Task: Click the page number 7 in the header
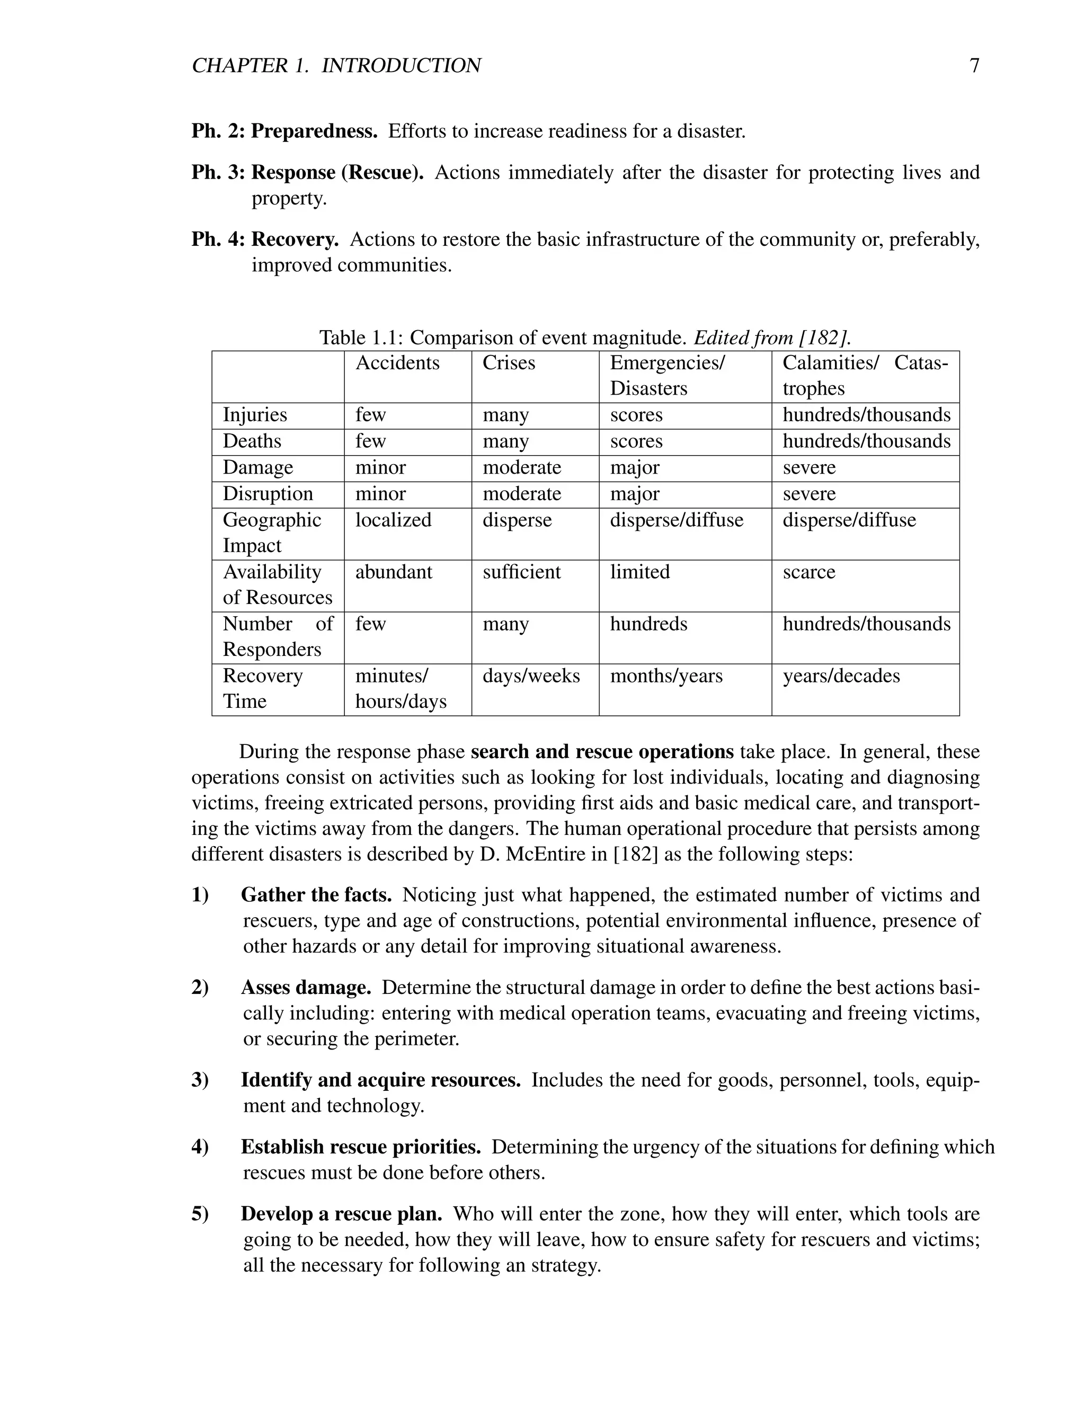tap(974, 66)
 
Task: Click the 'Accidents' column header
tap(397, 363)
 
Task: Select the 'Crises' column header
tap(509, 363)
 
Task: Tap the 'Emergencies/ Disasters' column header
tap(666, 376)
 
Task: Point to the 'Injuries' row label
tap(254, 415)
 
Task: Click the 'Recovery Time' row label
tap(262, 689)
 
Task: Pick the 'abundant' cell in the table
tap(394, 572)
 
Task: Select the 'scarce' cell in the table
tap(808, 572)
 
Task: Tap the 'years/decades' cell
tap(841, 676)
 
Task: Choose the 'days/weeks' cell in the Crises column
tap(531, 676)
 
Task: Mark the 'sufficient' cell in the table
tap(521, 572)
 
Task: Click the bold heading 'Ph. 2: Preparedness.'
tap(284, 132)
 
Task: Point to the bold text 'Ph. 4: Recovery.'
tap(265, 240)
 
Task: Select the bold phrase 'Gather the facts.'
tap(316, 895)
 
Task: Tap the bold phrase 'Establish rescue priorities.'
tap(361, 1147)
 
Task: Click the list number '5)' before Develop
tap(200, 1214)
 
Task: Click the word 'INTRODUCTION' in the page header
tap(401, 66)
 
